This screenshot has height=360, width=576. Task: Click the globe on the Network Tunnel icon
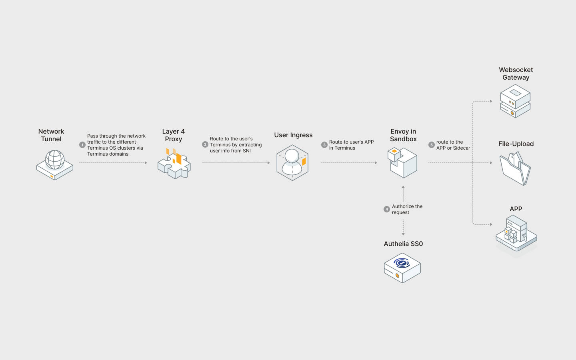coord(55,159)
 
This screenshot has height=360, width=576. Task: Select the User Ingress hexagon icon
coord(292,163)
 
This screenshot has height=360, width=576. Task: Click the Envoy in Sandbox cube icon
coord(402,162)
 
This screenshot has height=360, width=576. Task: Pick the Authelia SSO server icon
coord(402,268)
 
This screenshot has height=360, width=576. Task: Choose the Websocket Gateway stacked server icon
coord(515,101)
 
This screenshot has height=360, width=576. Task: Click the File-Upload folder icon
coord(515,168)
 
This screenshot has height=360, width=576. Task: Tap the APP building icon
coord(516,234)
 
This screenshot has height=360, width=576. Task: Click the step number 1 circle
coord(82,145)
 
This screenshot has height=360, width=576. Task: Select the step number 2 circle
coord(205,144)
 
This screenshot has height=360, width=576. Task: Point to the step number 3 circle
coord(324,145)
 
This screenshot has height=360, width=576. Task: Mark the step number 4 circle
coord(387,209)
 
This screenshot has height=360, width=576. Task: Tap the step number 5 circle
coord(431,145)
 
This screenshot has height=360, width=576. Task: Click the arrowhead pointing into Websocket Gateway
coord(491,101)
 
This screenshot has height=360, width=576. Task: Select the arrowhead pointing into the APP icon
coord(491,224)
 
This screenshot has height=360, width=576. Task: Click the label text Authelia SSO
coord(403,244)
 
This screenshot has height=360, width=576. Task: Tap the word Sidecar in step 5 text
coord(462,148)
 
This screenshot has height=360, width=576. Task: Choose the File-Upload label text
coord(516,144)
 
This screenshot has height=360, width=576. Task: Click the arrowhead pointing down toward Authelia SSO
coord(403,234)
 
